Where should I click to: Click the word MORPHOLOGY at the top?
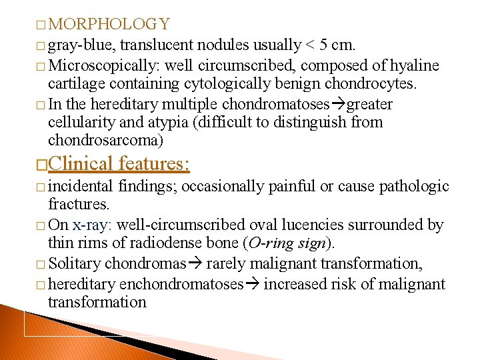[x=109, y=25]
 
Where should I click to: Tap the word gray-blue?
[x=81, y=45]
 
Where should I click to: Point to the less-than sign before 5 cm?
[x=309, y=45]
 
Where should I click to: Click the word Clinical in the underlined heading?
[x=79, y=163]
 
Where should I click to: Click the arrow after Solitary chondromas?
[x=196, y=265]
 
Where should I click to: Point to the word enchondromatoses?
[x=181, y=285]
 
